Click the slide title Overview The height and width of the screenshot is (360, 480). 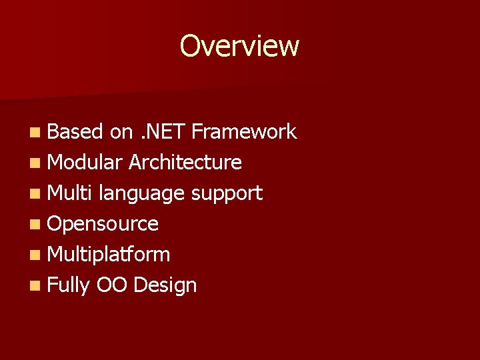(x=239, y=46)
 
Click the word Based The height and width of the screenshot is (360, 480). (x=75, y=132)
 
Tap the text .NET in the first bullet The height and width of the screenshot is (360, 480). (x=162, y=132)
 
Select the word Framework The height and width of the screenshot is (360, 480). (x=243, y=132)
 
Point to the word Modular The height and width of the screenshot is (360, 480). (x=85, y=162)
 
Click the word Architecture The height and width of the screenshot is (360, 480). (x=185, y=162)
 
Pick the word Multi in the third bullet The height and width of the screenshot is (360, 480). (x=70, y=193)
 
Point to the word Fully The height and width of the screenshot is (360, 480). (x=69, y=286)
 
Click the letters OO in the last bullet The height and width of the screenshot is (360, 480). (x=111, y=285)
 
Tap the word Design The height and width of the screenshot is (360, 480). (x=165, y=286)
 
